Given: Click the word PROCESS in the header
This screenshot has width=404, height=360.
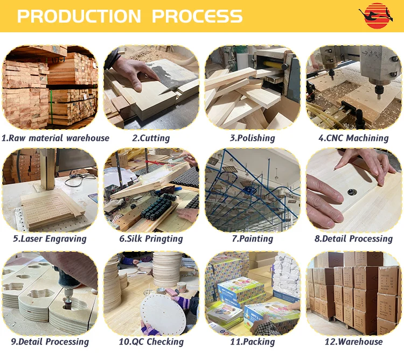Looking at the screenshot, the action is pyautogui.click(x=197, y=16).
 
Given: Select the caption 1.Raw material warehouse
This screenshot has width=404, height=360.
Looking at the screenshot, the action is pyautogui.click(x=55, y=138).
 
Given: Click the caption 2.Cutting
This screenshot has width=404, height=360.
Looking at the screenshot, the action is pyautogui.click(x=151, y=138).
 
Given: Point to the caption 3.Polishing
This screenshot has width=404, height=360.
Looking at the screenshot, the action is pyautogui.click(x=253, y=138).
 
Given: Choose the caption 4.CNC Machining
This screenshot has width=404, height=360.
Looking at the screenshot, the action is pyautogui.click(x=353, y=138).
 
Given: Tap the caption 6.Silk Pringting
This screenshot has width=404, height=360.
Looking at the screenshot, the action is pyautogui.click(x=151, y=239).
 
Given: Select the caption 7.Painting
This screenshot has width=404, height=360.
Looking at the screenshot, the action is pyautogui.click(x=253, y=239).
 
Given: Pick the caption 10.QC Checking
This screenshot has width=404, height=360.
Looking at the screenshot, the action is pyautogui.click(x=151, y=342).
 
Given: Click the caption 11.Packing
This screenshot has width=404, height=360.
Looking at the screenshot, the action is pyautogui.click(x=253, y=342).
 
